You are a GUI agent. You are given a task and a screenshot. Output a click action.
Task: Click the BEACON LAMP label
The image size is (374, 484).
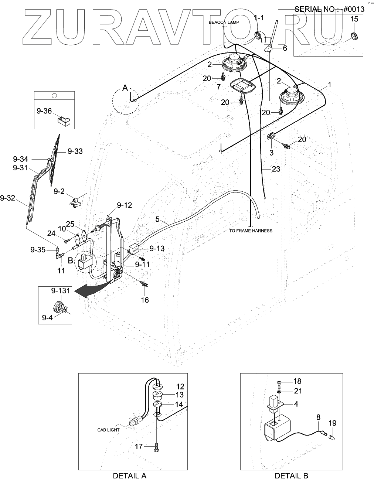(x=224, y=22)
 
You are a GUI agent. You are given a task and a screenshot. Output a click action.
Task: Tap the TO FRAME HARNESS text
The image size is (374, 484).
(x=251, y=231)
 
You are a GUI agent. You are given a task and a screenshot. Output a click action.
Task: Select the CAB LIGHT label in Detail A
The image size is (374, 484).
(x=109, y=430)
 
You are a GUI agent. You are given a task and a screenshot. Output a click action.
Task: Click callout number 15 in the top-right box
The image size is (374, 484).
(x=354, y=19)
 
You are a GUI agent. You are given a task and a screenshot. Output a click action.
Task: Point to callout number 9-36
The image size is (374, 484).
(x=44, y=111)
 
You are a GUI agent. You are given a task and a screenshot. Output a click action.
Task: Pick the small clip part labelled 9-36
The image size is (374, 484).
(x=64, y=120)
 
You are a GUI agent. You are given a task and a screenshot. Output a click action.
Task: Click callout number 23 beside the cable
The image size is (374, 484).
(x=276, y=169)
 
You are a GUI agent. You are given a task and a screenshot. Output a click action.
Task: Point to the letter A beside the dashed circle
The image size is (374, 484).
(x=125, y=88)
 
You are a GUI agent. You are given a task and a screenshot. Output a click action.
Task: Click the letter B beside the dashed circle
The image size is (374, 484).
(x=70, y=260)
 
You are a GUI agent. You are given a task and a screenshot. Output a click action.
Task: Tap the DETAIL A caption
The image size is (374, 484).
(x=130, y=476)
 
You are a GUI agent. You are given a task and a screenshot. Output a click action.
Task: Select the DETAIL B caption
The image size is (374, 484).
(x=291, y=476)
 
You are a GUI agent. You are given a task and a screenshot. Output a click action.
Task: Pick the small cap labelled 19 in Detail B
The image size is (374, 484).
(x=332, y=438)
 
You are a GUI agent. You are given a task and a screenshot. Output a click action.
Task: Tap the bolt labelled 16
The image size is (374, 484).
(x=144, y=284)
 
